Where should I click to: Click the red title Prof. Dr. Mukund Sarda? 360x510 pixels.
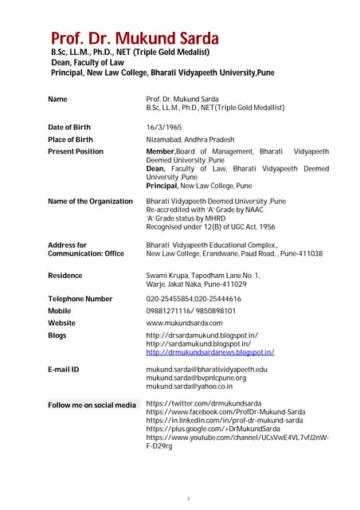(135, 37)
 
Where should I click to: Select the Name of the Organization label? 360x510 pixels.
(90, 202)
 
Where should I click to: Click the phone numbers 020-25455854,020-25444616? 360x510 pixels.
(205, 299)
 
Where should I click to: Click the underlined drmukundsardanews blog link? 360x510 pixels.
(210, 352)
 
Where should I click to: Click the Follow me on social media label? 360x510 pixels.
(92, 405)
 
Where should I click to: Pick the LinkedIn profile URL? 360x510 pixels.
(225, 420)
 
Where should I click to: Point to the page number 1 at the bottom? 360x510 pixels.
(186, 498)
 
